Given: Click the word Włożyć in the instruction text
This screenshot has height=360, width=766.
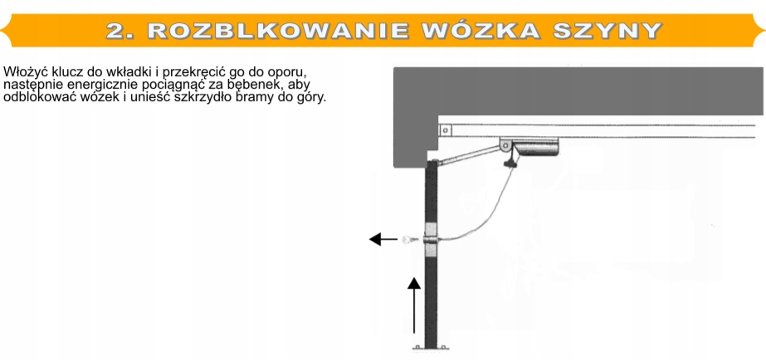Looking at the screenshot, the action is [x=22, y=72].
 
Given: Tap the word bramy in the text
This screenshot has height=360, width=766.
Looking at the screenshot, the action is [x=260, y=97].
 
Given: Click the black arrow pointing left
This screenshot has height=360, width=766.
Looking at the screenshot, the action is [x=383, y=240].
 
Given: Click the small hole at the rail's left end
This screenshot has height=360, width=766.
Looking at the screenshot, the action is [x=446, y=130].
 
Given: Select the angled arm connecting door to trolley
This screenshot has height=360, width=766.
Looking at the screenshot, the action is [x=469, y=155].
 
